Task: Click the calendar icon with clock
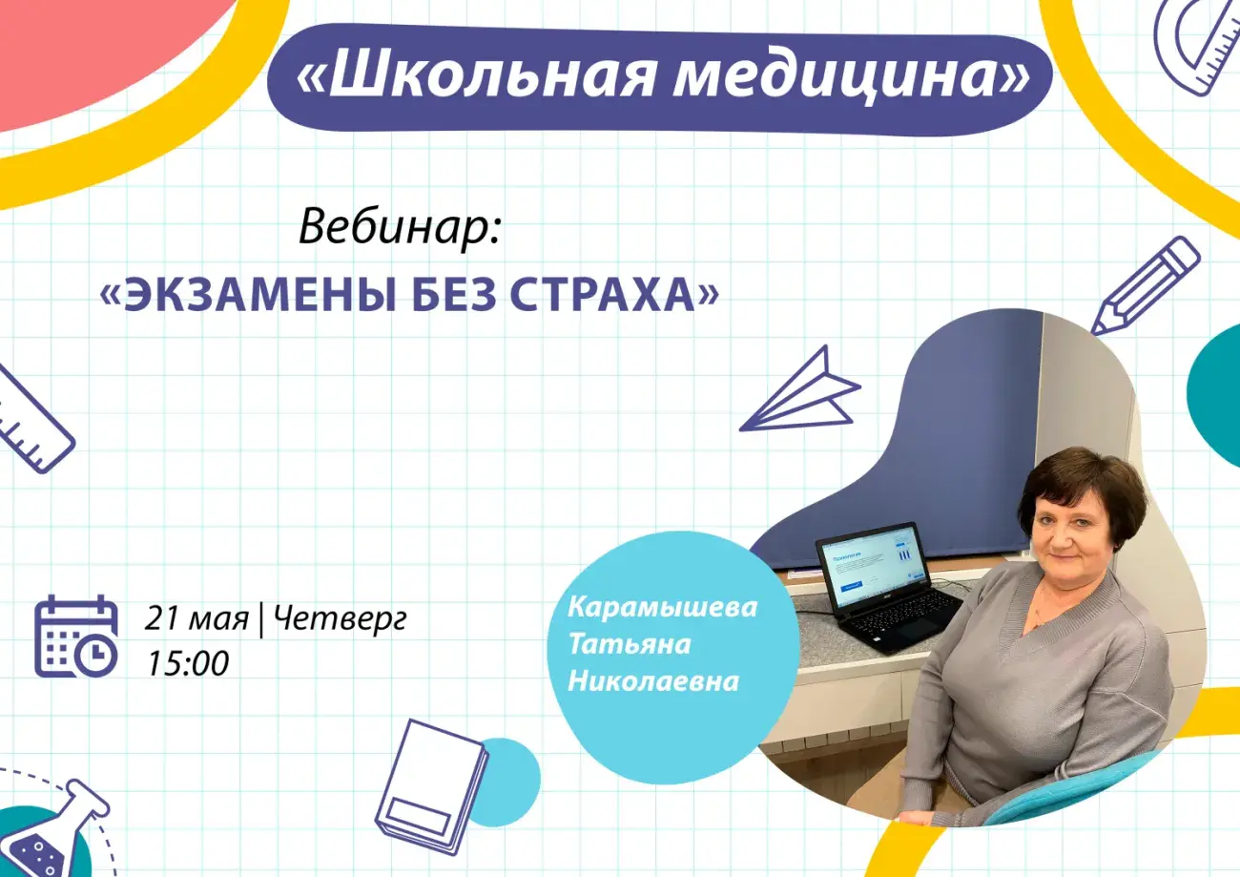click(76, 637)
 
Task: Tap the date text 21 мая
click(196, 618)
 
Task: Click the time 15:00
click(188, 662)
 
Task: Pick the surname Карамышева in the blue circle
click(663, 607)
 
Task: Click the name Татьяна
click(630, 644)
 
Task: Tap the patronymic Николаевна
click(653, 681)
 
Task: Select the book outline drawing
click(431, 786)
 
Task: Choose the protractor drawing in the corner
click(1196, 47)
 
